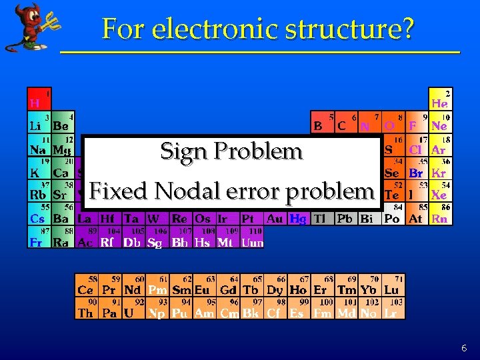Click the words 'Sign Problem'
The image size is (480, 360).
(x=231, y=151)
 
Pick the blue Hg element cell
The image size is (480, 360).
(x=298, y=218)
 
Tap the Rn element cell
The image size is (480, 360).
(x=439, y=218)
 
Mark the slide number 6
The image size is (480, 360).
(x=463, y=348)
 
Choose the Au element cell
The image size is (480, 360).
(x=275, y=218)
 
